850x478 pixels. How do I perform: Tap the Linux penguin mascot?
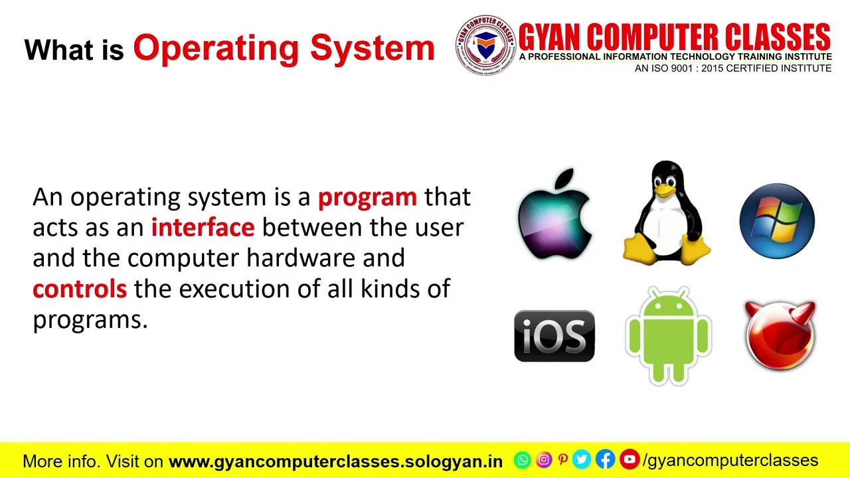(x=667, y=213)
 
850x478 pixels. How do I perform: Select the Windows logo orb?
(x=777, y=220)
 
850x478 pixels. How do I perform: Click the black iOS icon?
(x=554, y=336)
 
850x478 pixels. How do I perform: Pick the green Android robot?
(x=668, y=336)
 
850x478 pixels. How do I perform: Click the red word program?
(x=367, y=197)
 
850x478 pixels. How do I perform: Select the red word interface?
(x=203, y=228)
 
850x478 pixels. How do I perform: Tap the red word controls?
(x=80, y=289)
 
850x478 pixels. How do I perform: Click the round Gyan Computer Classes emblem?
(x=485, y=44)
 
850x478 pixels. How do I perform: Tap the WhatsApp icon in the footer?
(x=523, y=459)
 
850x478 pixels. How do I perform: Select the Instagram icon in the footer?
(x=543, y=459)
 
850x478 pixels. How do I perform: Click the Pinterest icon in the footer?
(x=562, y=459)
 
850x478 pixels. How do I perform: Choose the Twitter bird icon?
(x=582, y=459)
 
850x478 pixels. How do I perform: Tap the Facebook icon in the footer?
(x=605, y=459)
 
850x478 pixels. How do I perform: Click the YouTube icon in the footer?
(x=629, y=459)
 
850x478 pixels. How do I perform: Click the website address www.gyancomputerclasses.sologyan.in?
(x=336, y=461)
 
